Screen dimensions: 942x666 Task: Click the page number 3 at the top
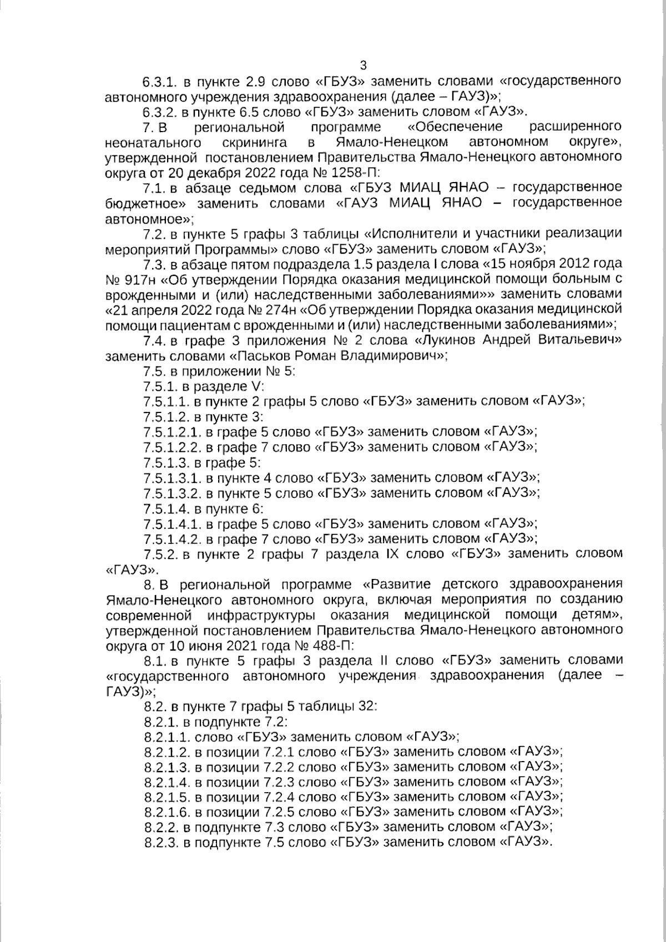[364, 65]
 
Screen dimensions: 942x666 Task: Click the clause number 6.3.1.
[160, 81]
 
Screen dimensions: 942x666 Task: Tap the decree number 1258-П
[356, 172]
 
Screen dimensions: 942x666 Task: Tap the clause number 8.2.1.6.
[167, 812]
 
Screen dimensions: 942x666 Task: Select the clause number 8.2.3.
[161, 842]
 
